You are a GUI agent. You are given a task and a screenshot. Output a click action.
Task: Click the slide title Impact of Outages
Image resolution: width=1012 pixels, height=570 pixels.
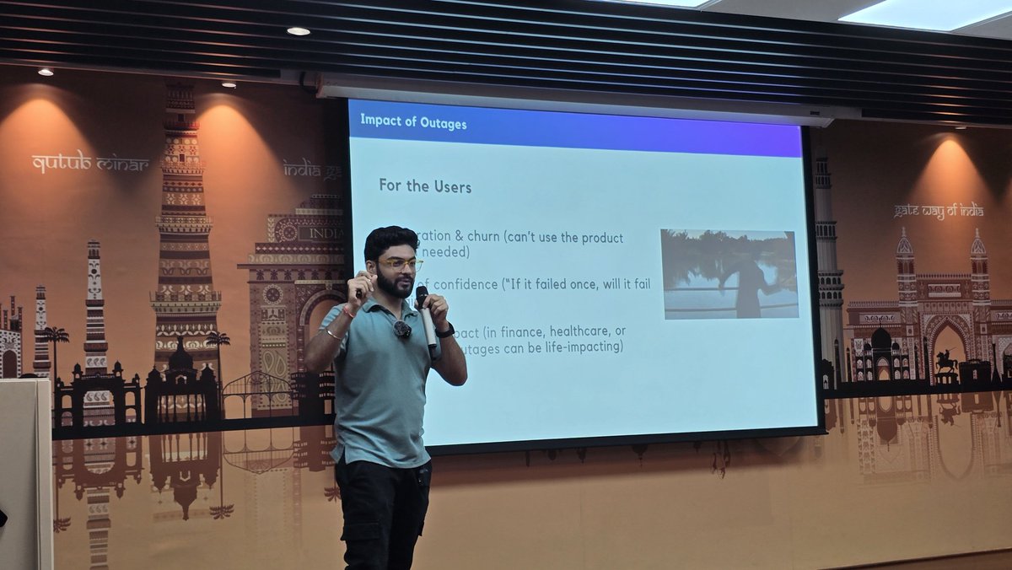click(413, 121)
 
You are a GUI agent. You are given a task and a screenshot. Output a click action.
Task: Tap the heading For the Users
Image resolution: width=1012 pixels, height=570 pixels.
click(425, 186)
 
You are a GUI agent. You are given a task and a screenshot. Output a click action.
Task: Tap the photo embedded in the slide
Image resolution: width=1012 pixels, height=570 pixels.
click(729, 274)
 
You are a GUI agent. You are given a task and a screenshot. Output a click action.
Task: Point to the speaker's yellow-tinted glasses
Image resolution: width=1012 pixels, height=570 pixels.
click(400, 264)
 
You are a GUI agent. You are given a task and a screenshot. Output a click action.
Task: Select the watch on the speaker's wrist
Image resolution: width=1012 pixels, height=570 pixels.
click(445, 331)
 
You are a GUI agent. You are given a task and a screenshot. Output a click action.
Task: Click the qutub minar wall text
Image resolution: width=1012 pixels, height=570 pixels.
click(90, 162)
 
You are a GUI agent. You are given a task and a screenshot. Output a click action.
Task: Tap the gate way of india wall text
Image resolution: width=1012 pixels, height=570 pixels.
click(939, 210)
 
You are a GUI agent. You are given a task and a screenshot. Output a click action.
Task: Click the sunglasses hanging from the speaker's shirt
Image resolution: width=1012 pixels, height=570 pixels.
click(402, 329)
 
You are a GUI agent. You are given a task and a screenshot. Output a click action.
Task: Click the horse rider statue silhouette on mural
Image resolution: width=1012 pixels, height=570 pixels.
click(947, 361)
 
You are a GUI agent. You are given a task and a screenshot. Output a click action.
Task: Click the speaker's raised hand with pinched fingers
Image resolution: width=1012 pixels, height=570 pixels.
click(361, 283)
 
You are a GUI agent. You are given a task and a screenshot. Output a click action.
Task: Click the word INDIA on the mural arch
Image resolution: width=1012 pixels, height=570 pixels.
click(326, 233)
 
